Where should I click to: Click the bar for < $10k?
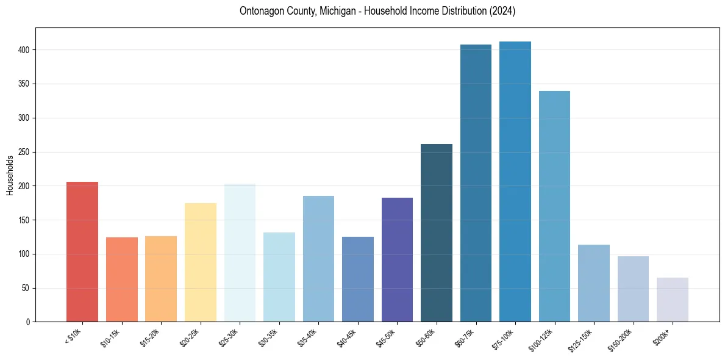82,251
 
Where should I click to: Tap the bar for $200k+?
673,300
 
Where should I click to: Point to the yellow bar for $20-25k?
201,262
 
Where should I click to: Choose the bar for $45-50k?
397,259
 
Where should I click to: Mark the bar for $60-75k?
476,183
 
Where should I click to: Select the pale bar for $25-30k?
240,253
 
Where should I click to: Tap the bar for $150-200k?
633,289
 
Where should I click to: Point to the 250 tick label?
24,152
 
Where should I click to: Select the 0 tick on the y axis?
28,322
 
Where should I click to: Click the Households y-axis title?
10,175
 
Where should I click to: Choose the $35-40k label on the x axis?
308,337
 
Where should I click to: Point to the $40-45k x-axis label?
348,337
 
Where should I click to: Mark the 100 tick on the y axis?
24,254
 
